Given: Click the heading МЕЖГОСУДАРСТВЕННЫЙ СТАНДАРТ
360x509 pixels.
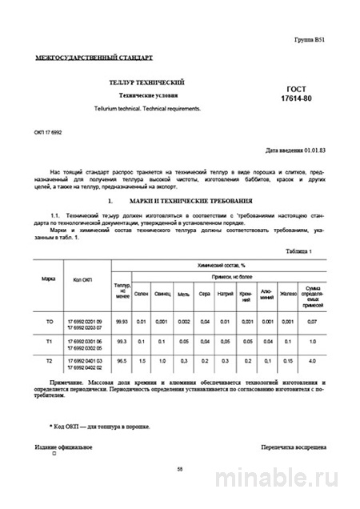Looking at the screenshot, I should pos(94,58).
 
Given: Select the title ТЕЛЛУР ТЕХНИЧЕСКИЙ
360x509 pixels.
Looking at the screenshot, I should pos(148,82).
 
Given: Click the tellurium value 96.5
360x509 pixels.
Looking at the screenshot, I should pos(122,362).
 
